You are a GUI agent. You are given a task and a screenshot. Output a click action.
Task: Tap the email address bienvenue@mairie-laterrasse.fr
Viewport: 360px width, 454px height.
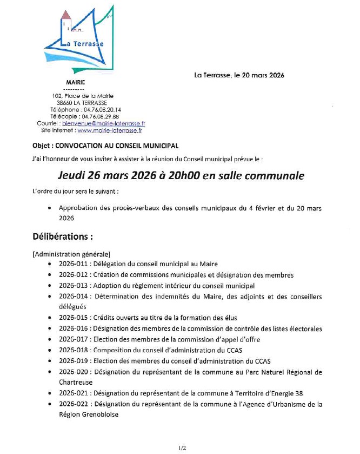pos(111,123)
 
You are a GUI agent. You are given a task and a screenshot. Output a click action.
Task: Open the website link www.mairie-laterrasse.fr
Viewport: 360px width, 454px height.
pos(110,130)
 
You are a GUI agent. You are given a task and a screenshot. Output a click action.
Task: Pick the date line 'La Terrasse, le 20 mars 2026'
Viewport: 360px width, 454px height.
pos(239,75)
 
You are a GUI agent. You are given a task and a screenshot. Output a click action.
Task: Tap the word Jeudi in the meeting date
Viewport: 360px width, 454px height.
pos(73,176)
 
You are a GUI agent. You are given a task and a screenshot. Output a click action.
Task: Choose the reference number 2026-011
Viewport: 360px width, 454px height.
pos(72,264)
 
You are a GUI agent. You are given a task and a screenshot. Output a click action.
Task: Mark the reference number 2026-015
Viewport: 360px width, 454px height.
pos(72,318)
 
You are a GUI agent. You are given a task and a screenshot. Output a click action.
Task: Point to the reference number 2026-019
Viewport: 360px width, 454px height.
pos(72,361)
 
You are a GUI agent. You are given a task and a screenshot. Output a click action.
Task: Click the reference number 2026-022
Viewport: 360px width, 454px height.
pos(72,404)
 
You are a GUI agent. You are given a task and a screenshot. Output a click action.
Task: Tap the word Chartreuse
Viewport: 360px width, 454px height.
pos(76,382)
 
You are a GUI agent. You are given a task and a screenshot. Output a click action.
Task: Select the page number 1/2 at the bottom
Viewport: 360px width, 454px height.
pos(182,448)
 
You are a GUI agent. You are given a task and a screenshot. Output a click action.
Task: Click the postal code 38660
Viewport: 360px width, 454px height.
pos(65,102)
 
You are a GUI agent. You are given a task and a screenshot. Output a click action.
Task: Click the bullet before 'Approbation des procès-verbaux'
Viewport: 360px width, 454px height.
pos(50,207)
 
